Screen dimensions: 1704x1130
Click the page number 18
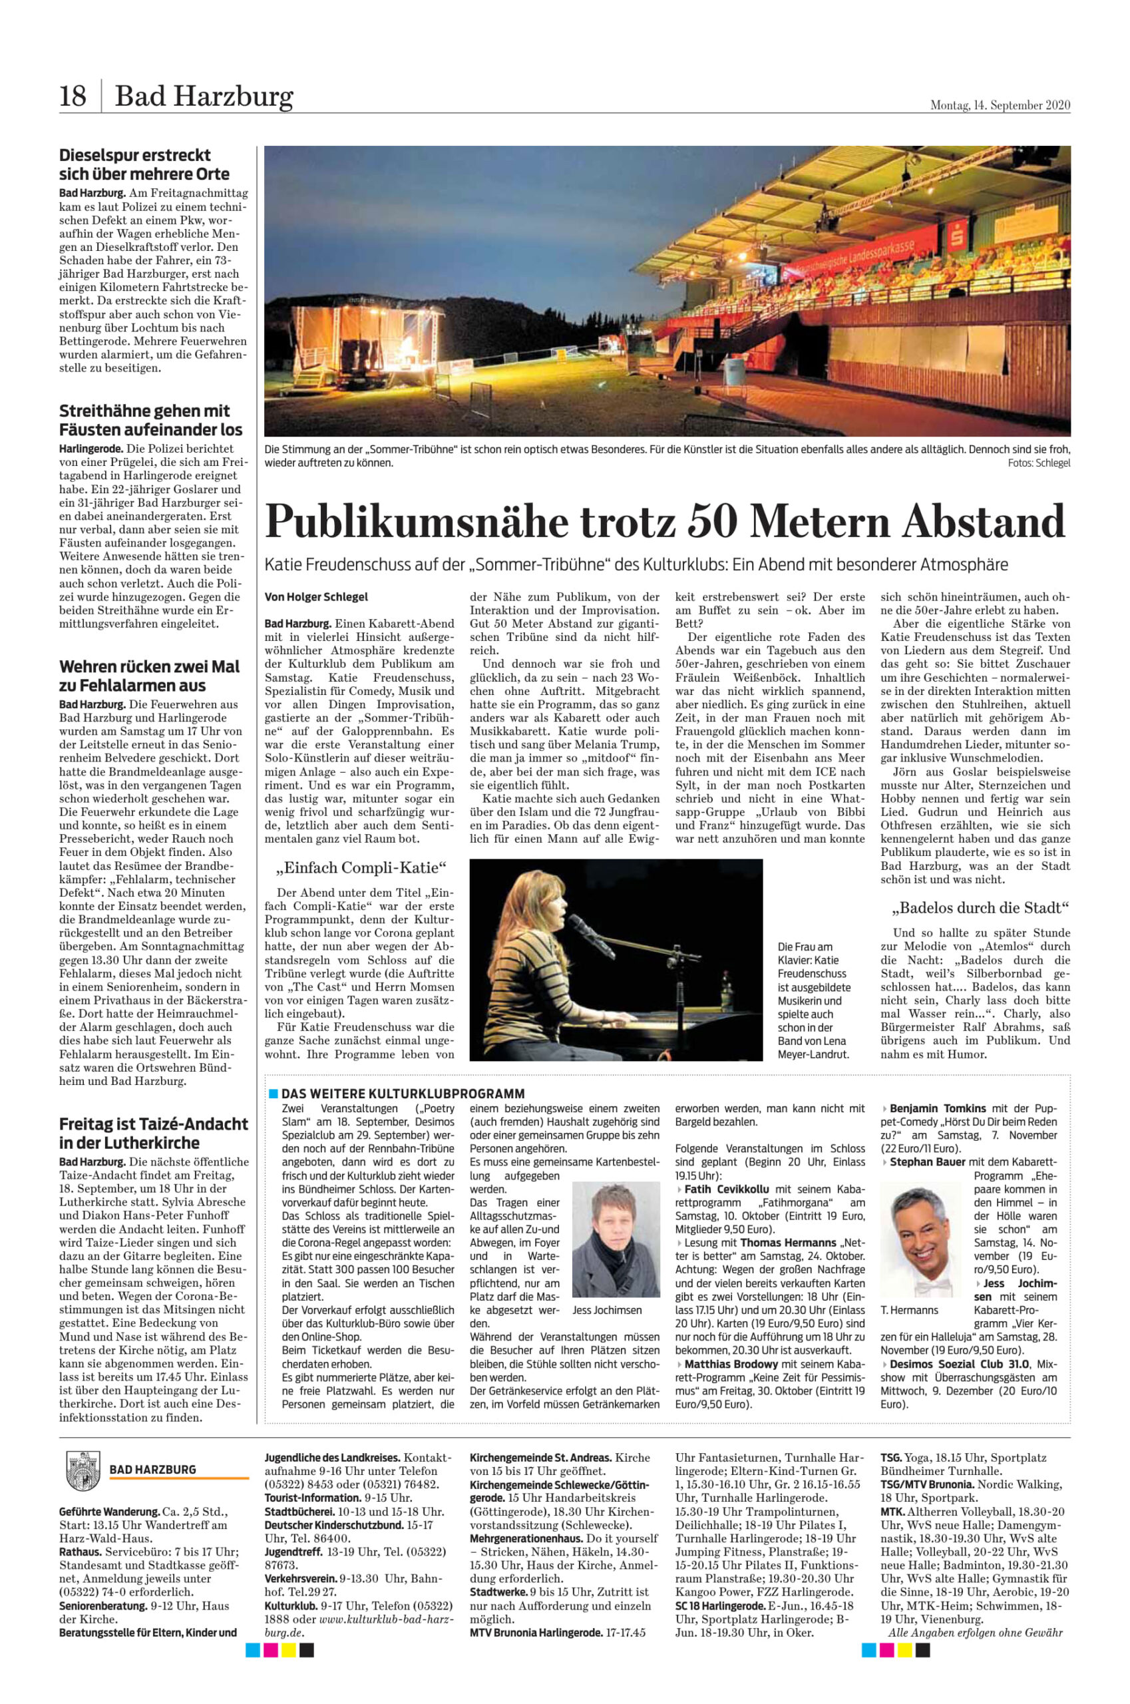73,96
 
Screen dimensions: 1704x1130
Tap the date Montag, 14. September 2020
1000,105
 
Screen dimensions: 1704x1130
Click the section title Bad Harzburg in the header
204,96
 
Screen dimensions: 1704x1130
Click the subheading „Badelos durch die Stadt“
980,907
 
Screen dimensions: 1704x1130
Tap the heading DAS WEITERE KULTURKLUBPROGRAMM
402,1093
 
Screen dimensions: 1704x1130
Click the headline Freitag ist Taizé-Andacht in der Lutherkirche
154,1133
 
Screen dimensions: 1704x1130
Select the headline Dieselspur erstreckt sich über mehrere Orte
145,164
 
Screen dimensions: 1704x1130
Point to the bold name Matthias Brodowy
733,1364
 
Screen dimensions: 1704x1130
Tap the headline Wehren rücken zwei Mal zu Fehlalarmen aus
150,676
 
